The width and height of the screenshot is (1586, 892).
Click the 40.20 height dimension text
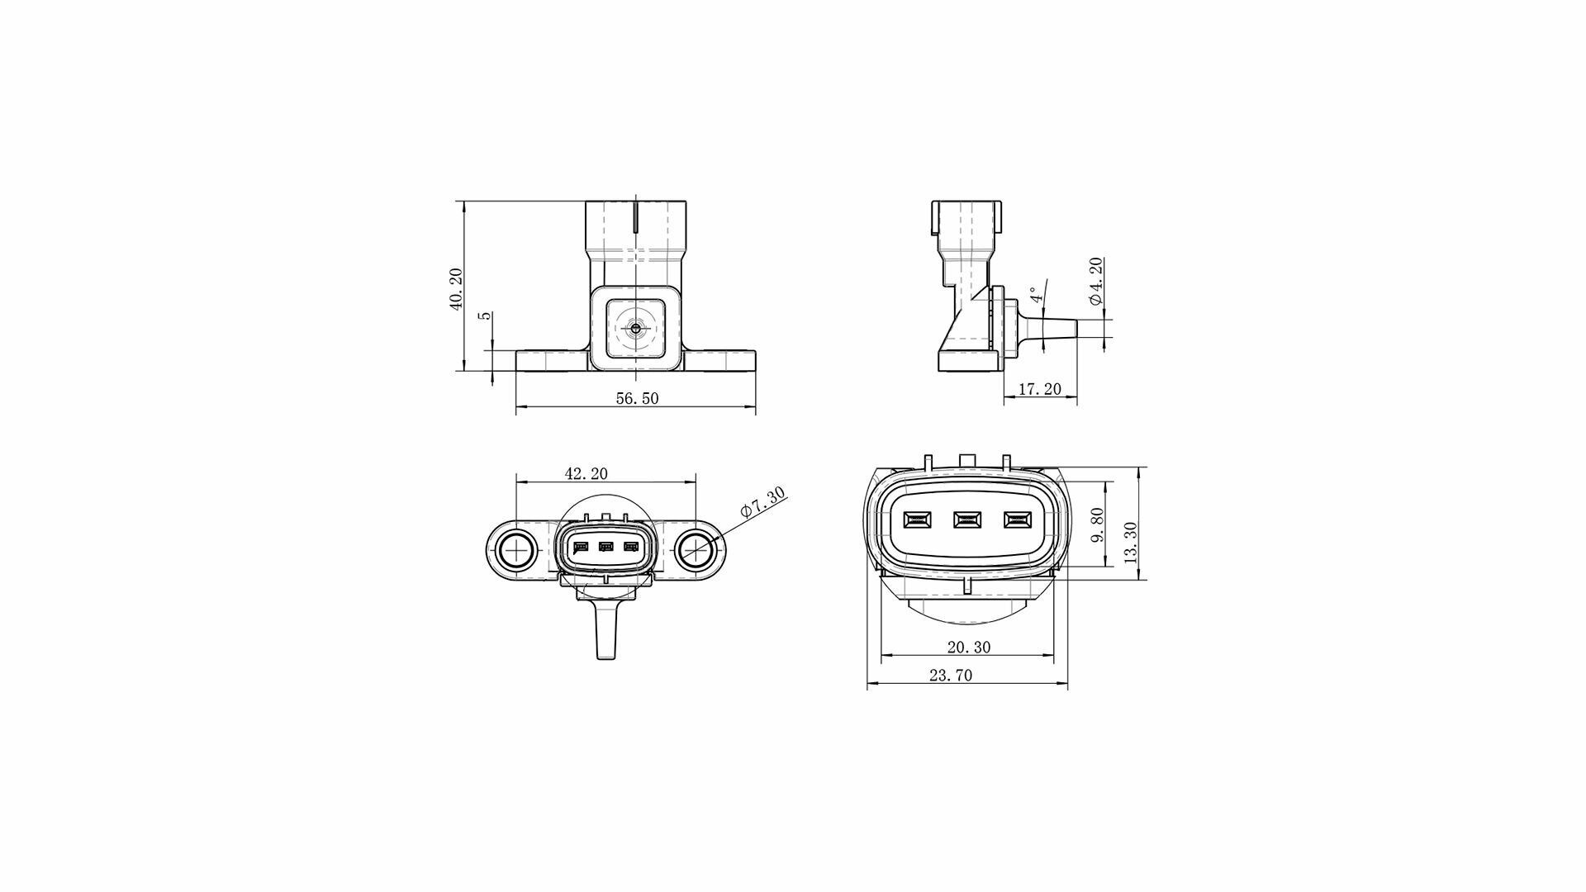coord(455,289)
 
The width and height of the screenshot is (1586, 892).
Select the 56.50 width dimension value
coord(638,398)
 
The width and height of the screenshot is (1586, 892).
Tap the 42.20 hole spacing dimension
coord(586,473)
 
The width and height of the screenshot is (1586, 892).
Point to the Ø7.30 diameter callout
coord(763,502)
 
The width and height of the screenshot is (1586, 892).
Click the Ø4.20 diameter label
coord(1095,282)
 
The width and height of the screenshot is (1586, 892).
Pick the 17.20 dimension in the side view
coord(1039,389)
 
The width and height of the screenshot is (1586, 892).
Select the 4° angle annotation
coord(1033,295)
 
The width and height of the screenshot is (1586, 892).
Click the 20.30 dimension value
coord(970,648)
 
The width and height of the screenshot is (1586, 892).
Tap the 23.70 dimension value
coord(951,675)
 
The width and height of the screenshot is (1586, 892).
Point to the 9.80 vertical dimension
coord(1097,525)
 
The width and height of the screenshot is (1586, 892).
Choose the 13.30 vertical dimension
coord(1131,543)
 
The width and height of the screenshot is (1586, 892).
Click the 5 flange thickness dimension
coord(487,316)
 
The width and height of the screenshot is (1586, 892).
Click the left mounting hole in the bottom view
coord(516,549)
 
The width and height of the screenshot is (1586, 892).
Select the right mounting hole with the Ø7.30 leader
coord(696,549)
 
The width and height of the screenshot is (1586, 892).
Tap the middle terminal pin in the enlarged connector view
coord(966,520)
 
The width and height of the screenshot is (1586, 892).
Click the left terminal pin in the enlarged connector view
coord(917,520)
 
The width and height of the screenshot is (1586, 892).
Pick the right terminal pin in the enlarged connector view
coord(1017,520)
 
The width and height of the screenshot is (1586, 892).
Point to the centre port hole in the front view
coord(634,329)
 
